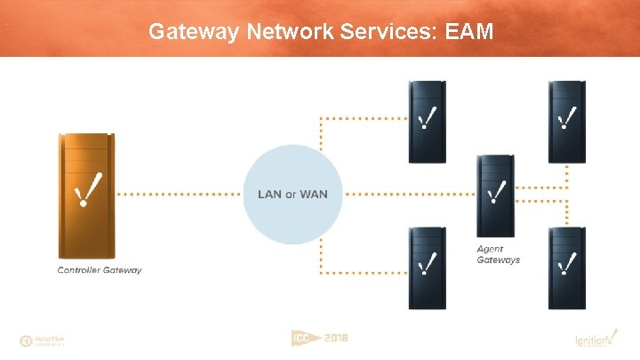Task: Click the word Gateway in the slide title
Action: (x=187, y=32)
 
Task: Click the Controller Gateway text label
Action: (x=100, y=270)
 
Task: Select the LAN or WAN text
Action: (x=285, y=195)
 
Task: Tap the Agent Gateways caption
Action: (x=498, y=255)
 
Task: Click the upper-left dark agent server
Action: (x=427, y=122)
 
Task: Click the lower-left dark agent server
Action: (x=427, y=267)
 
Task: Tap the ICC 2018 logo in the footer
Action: (x=320, y=338)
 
